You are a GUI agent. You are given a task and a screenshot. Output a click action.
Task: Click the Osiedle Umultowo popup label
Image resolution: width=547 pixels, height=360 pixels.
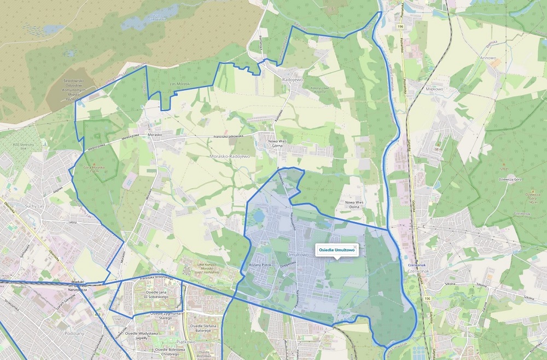pos(336,250)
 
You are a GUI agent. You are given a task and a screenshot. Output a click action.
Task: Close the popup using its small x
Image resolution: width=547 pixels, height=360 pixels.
pos(355,247)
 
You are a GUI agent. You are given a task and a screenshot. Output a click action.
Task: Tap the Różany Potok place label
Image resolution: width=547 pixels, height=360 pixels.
pos(260,264)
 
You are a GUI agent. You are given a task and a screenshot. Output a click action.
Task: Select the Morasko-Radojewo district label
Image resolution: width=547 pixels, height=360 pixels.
pos(230,156)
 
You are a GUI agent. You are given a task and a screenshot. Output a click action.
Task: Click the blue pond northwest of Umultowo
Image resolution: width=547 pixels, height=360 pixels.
pos(258,218)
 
